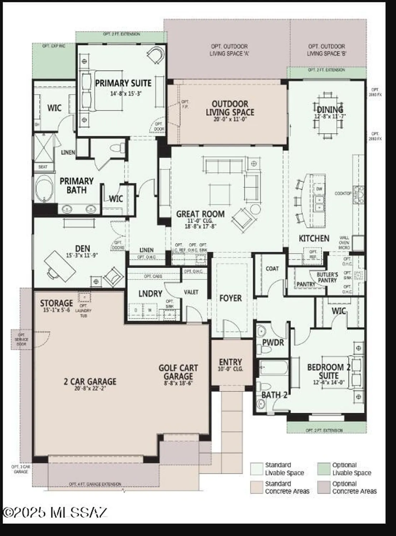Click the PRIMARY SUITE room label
(x=123, y=83)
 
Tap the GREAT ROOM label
(x=200, y=214)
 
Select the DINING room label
(x=330, y=110)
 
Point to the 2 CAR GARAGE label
(x=90, y=382)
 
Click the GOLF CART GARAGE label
(x=178, y=372)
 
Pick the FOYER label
(x=230, y=298)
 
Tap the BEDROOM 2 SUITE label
(x=328, y=371)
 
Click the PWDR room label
(x=273, y=343)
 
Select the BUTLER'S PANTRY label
(x=327, y=277)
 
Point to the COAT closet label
(x=272, y=269)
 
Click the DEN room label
(x=83, y=248)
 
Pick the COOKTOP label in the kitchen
(x=343, y=193)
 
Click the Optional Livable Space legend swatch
(x=324, y=469)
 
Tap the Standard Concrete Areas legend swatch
(x=256, y=487)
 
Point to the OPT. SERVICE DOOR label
(x=21, y=339)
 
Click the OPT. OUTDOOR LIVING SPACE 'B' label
(x=326, y=50)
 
